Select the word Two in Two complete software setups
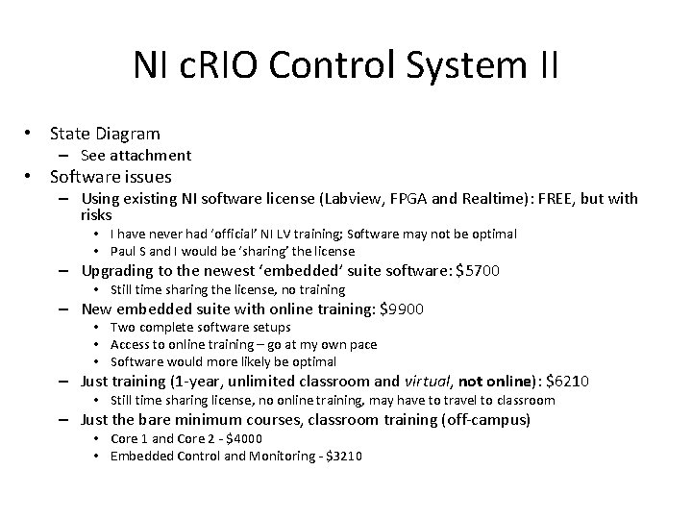coord(122,327)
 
